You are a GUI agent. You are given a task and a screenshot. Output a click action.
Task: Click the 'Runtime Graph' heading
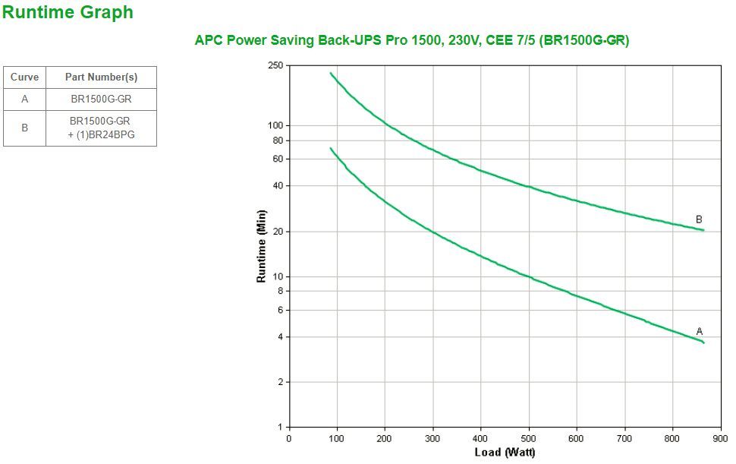point(68,12)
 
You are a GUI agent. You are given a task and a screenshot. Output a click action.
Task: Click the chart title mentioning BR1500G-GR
point(412,40)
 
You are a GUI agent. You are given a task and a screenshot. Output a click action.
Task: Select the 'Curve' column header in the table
point(24,77)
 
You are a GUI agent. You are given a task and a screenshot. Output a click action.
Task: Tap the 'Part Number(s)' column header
point(101,77)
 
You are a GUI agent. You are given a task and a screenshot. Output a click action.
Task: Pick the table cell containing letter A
point(24,99)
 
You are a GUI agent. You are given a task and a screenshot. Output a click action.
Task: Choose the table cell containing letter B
point(24,128)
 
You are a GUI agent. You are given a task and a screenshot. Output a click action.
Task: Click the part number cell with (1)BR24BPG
point(101,128)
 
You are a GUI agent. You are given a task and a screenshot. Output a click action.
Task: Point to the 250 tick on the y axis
point(275,65)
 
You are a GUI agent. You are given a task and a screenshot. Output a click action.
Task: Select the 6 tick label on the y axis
point(279,310)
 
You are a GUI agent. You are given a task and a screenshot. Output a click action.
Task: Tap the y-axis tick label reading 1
point(279,427)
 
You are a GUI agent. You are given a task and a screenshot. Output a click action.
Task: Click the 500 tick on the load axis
point(528,438)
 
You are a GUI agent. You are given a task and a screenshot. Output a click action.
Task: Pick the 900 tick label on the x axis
point(719,438)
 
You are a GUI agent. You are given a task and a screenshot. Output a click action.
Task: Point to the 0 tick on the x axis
point(288,438)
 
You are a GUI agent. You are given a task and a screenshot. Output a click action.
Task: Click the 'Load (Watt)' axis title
point(505,453)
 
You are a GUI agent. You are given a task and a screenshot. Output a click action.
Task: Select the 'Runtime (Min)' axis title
point(262,246)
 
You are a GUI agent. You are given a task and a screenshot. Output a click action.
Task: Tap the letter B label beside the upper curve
point(699,219)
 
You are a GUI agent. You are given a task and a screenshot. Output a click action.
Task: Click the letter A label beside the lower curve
point(700,331)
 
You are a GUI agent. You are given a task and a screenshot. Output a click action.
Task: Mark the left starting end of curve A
point(331,148)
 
